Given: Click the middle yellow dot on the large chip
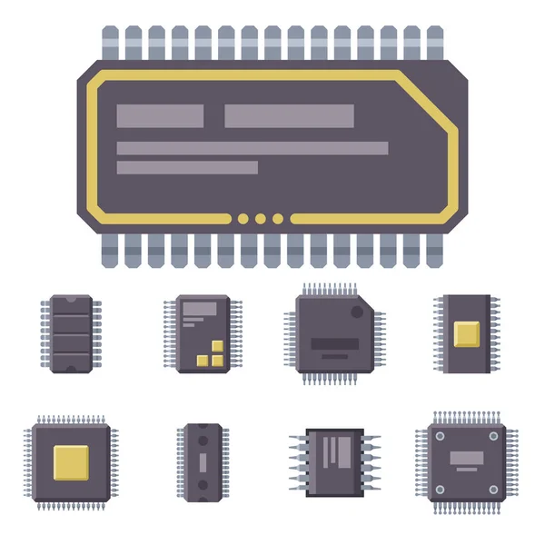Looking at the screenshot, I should pyautogui.click(x=260, y=218).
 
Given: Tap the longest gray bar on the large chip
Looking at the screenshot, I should pyautogui.click(x=253, y=148).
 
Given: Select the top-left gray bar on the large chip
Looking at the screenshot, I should pyautogui.click(x=160, y=116).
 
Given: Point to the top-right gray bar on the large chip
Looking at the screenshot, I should pyautogui.click(x=289, y=116).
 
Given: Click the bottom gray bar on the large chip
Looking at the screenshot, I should pyautogui.click(x=187, y=168).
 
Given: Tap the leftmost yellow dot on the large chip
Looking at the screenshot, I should pyautogui.click(x=243, y=218).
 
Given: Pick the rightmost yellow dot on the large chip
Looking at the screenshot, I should pyautogui.click(x=278, y=218).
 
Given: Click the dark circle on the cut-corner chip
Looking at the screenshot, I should pyautogui.click(x=358, y=312).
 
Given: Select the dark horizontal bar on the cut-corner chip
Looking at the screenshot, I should pyautogui.click(x=334, y=344).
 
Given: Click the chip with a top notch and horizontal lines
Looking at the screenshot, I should pyautogui.click(x=71, y=333).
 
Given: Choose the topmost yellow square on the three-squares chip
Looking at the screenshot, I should pyautogui.click(x=214, y=347).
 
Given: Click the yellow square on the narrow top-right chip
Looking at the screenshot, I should pyautogui.click(x=466, y=333).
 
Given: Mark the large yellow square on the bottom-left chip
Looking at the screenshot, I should pyautogui.click(x=71, y=461).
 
